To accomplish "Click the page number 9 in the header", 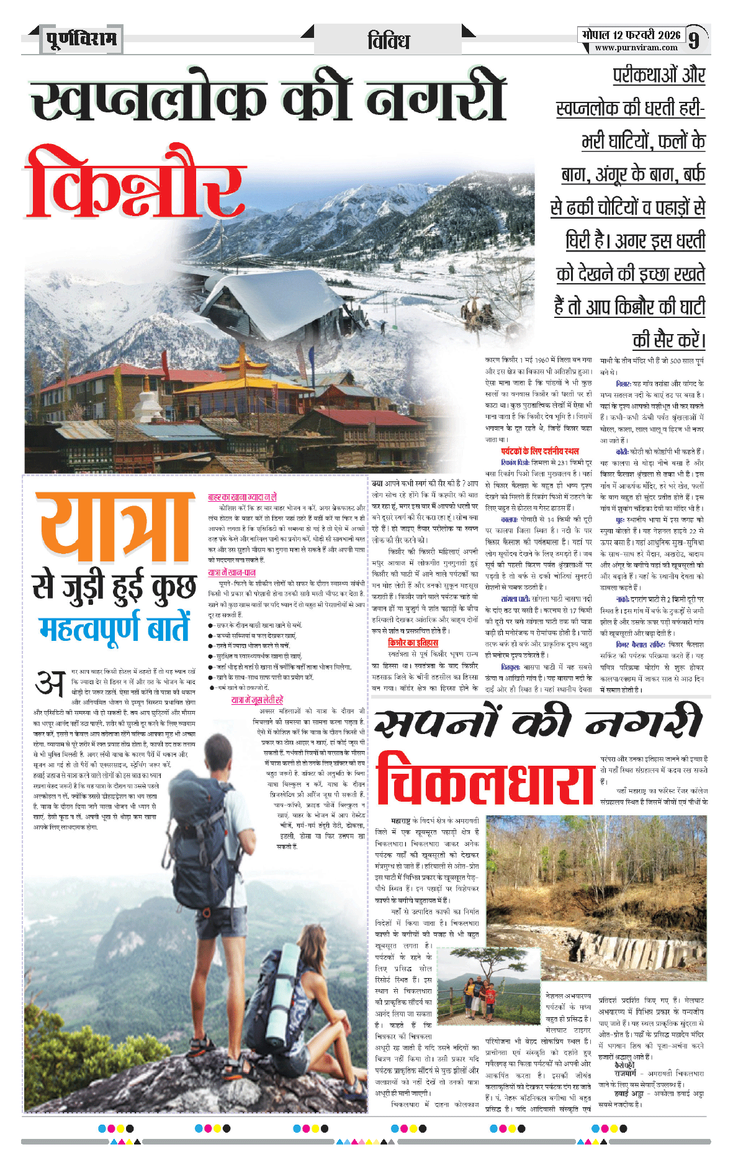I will tap(694, 40).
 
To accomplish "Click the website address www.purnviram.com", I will tap(636, 48).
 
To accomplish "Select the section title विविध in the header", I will tap(389, 41).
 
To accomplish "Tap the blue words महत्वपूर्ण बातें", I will tap(114, 628).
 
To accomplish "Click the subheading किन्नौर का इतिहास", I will tap(413, 643).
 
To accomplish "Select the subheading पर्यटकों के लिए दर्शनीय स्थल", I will tap(539, 451).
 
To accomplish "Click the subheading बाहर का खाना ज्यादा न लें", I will tap(242, 497).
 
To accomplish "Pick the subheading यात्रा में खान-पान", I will tap(232, 573).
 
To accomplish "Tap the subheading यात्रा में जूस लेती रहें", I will tap(257, 700).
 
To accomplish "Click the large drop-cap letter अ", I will tap(49, 682).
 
